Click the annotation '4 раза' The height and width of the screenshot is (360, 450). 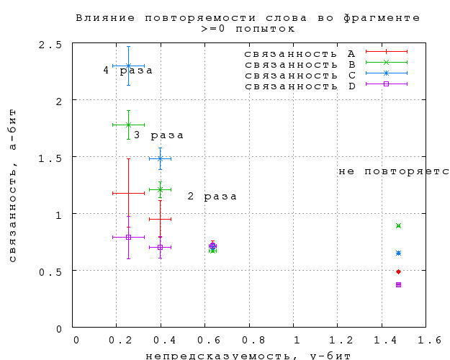[x=127, y=70]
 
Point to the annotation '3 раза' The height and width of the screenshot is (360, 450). [x=158, y=135]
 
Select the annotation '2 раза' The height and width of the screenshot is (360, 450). [x=212, y=196]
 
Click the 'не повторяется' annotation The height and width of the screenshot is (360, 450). [x=394, y=171]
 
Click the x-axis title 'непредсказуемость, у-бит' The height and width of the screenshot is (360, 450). [x=248, y=355]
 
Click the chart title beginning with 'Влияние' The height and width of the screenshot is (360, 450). [x=249, y=17]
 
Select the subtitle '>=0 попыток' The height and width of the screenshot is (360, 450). [x=248, y=28]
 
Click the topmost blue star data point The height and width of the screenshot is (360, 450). [x=128, y=66]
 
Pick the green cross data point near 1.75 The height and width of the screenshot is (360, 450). [x=128, y=125]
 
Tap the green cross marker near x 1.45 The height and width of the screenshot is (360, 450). [x=398, y=226]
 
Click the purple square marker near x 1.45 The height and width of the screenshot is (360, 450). [x=398, y=284]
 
